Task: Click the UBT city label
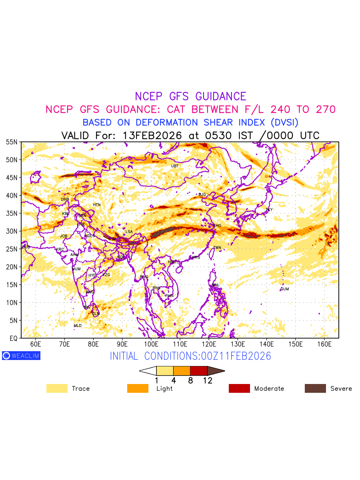pyautogui.click(x=175, y=166)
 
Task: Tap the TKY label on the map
pyautogui.click(x=269, y=210)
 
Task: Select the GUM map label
pyautogui.click(x=284, y=289)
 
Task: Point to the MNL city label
pyautogui.click(x=216, y=285)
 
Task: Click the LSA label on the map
pyautogui.click(x=129, y=232)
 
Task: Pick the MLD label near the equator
pyautogui.click(x=78, y=326)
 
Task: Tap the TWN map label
pyautogui.click(x=217, y=248)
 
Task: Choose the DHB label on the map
pyautogui.click(x=65, y=199)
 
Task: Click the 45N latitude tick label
pyautogui.click(x=12, y=178)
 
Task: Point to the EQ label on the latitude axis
pyautogui.click(x=13, y=338)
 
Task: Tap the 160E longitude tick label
pyautogui.click(x=324, y=344)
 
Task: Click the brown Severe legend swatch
pyautogui.click(x=315, y=388)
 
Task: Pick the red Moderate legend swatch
pyautogui.click(x=239, y=388)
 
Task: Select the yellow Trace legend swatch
pyautogui.click(x=57, y=388)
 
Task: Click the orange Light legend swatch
pyautogui.click(x=138, y=388)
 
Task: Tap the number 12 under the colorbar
pyautogui.click(x=208, y=381)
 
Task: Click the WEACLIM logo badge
pyautogui.click(x=21, y=356)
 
